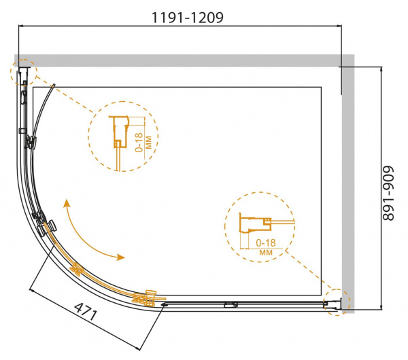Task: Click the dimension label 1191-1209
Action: (x=188, y=18)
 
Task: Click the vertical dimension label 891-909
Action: (x=388, y=193)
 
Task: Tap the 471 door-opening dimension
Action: (x=86, y=311)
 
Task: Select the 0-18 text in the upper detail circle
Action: (x=139, y=142)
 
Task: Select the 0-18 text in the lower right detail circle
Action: (x=266, y=242)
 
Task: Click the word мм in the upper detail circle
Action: (x=148, y=142)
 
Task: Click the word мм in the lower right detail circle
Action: (x=266, y=253)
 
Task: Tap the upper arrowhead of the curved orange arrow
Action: (x=67, y=203)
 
